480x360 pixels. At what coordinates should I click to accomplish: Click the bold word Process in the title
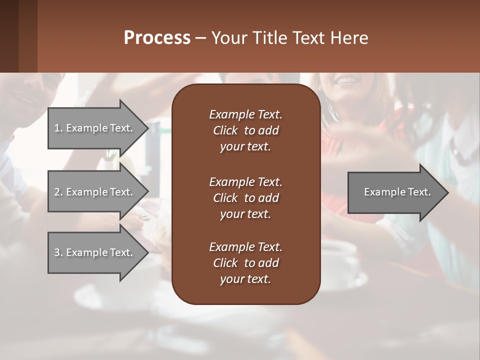(157, 37)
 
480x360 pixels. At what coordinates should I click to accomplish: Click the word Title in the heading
(270, 37)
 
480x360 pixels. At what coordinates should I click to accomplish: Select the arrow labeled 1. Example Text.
(93, 128)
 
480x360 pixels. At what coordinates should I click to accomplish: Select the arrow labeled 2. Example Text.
(93, 192)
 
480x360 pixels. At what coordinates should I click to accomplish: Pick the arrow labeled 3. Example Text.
(93, 252)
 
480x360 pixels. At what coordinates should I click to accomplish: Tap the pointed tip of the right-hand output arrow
(447, 192)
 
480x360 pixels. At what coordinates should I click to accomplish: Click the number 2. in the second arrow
(58, 192)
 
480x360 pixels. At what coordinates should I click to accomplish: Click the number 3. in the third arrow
(58, 252)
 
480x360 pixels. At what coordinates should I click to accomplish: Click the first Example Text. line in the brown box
(245, 114)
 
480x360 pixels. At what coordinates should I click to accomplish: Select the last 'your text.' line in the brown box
(245, 279)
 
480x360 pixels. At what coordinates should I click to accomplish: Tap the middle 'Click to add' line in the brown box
(245, 198)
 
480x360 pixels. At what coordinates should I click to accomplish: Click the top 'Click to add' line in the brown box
(245, 130)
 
